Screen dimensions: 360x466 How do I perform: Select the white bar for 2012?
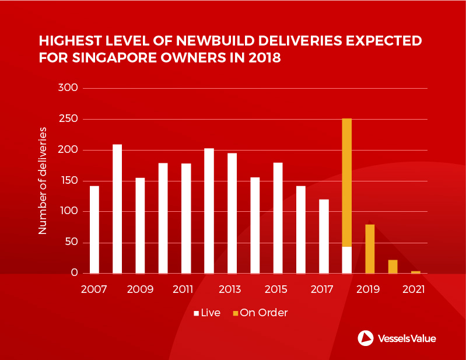coord(209,211)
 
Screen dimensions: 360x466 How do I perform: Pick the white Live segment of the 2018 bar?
coord(347,260)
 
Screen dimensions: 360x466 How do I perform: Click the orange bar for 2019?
coord(370,249)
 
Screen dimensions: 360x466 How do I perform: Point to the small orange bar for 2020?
coord(393,266)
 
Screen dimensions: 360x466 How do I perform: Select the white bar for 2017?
coord(324,236)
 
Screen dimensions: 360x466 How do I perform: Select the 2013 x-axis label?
coord(229,289)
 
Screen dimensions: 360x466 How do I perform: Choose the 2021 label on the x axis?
coord(415,289)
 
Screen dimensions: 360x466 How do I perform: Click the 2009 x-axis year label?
coord(140,289)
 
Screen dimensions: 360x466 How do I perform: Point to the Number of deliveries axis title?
coord(43,181)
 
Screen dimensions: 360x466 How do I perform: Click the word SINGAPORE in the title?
coord(109,58)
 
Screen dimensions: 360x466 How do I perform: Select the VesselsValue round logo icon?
coord(366,338)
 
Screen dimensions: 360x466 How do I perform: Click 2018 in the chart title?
coord(262,58)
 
